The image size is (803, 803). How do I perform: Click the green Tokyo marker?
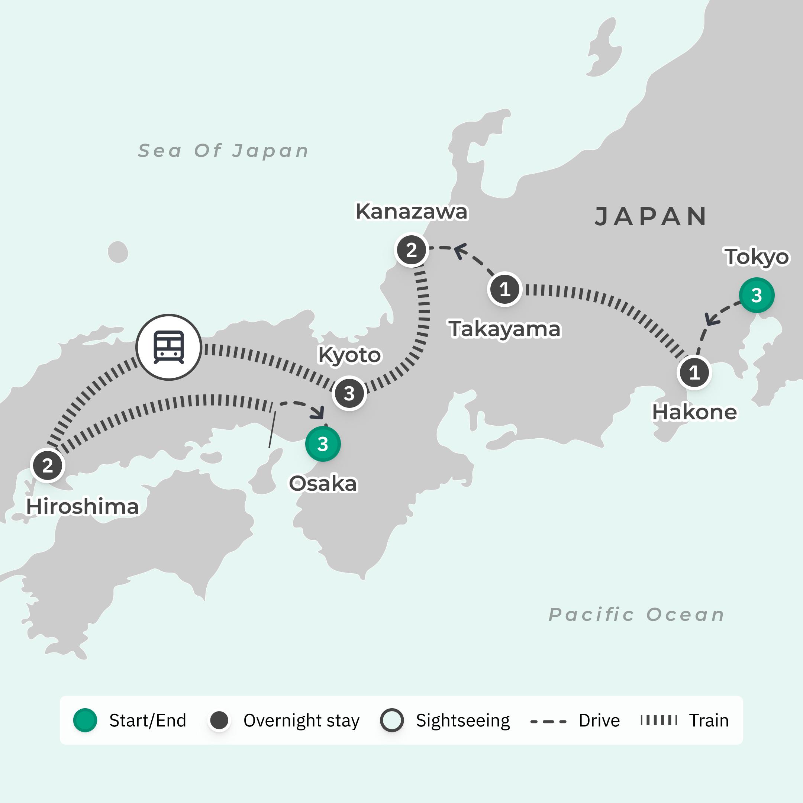click(x=757, y=295)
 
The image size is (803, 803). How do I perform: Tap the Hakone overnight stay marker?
click(x=694, y=373)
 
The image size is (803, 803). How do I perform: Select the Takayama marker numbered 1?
click(x=504, y=289)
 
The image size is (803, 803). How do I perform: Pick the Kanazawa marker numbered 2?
click(x=412, y=250)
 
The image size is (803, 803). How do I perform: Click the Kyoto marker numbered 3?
click(x=349, y=393)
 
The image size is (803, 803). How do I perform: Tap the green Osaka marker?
click(x=323, y=444)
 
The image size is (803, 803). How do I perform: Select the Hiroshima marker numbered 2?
click(x=47, y=465)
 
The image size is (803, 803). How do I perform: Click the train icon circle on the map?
click(x=169, y=347)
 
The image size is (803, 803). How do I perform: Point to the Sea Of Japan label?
click(x=223, y=151)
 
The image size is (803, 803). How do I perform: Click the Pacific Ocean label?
click(x=636, y=614)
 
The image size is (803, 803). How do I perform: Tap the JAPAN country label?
click(x=651, y=216)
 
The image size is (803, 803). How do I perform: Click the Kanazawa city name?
click(x=412, y=212)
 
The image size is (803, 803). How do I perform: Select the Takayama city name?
click(x=504, y=329)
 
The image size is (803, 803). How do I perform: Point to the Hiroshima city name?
click(x=82, y=507)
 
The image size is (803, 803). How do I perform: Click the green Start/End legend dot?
click(x=85, y=720)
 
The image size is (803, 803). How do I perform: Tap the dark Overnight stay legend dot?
click(x=219, y=720)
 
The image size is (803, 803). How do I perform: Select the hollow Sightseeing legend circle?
click(x=391, y=720)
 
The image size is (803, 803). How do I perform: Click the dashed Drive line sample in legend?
click(x=548, y=722)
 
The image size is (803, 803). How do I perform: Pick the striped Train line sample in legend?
click(x=659, y=720)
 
